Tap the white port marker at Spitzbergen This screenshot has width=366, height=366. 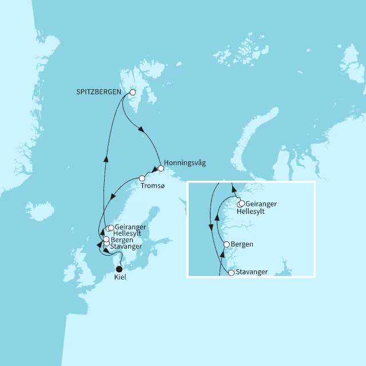click(132, 92)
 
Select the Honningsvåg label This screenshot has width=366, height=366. click(184, 163)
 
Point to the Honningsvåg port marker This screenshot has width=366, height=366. click(161, 168)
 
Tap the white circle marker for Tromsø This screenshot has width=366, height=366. click(142, 178)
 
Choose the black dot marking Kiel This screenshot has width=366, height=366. click(119, 269)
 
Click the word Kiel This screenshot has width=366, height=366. click(120, 277)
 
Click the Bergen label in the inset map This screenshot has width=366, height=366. click(242, 244)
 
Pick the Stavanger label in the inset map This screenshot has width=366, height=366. click(251, 272)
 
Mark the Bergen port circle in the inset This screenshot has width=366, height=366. click(226, 244)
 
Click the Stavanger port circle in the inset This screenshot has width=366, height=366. click(231, 273)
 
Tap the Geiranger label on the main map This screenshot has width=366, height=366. click(130, 227)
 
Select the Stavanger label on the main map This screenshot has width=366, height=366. click(127, 246)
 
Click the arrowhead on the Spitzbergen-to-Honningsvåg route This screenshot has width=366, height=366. click(140, 129)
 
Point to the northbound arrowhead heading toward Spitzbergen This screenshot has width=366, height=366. click(105, 158)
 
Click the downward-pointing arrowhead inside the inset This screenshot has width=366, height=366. click(211, 228)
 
